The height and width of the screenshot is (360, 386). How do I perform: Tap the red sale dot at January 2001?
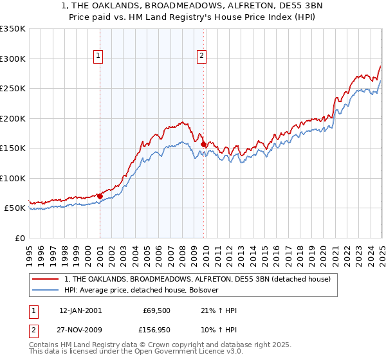(x=100, y=196)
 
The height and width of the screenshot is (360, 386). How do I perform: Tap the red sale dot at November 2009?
(x=204, y=145)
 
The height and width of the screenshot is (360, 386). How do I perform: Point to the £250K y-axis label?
(x=12, y=89)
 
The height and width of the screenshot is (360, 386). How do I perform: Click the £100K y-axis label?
(x=12, y=178)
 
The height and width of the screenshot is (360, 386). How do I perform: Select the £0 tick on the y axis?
(x=19, y=238)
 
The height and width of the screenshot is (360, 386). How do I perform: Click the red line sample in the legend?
(x=45, y=279)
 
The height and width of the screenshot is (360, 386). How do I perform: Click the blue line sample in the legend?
(x=45, y=290)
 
